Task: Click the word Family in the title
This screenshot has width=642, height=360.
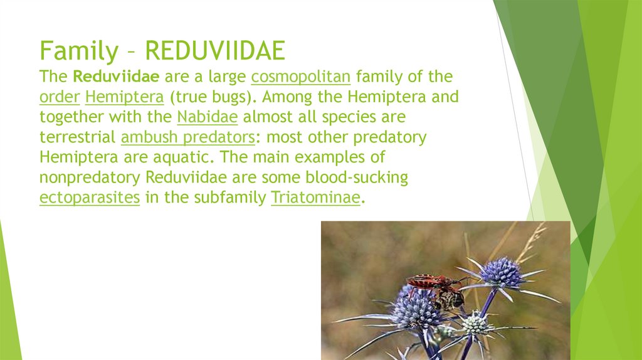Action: [x=79, y=51]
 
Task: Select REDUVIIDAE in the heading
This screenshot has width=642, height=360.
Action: [x=215, y=51]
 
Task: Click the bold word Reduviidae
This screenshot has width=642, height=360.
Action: [x=116, y=77]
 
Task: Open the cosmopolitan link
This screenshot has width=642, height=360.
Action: [x=301, y=77]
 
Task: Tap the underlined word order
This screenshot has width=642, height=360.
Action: [x=60, y=97]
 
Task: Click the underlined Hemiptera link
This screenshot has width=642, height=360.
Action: [x=125, y=97]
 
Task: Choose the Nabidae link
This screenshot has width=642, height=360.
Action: [x=207, y=117]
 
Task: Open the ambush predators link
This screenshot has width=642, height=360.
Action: [x=188, y=137]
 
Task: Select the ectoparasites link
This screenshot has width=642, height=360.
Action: [x=90, y=198]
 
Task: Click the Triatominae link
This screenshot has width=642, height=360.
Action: [x=316, y=198]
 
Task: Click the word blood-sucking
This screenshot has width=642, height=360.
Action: [x=357, y=177]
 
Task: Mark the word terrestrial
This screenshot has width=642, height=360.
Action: [x=77, y=137]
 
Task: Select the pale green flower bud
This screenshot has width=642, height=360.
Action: [x=475, y=324]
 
